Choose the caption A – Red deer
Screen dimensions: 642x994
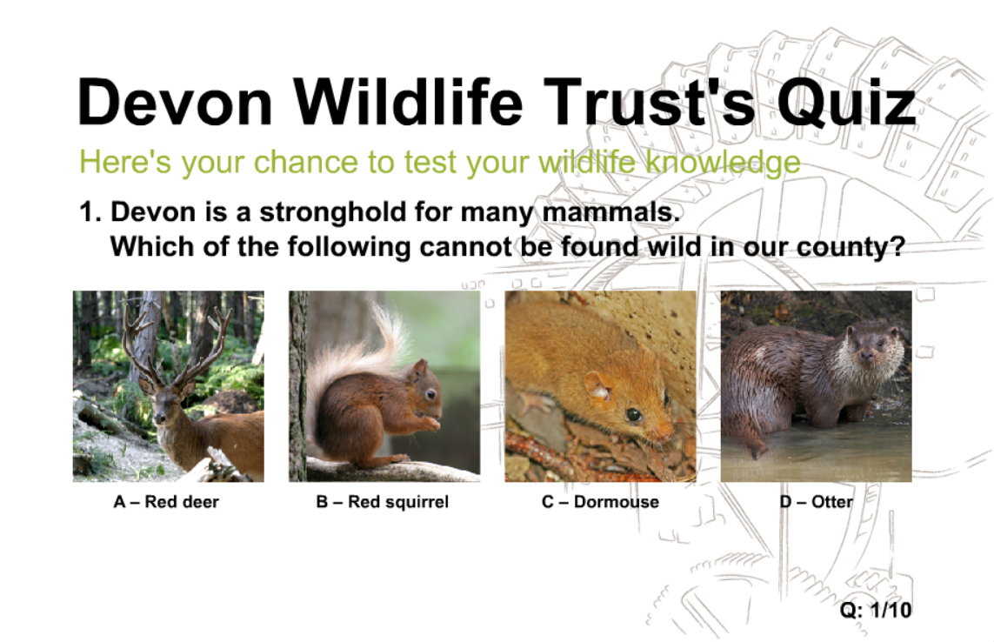pos(166,502)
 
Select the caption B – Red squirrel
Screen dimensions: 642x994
pos(383,502)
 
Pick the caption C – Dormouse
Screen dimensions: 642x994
pos(600,502)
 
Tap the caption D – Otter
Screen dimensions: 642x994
pos(816,502)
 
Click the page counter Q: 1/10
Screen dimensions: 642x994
pos(876,610)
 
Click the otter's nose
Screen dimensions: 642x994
pos(865,358)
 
